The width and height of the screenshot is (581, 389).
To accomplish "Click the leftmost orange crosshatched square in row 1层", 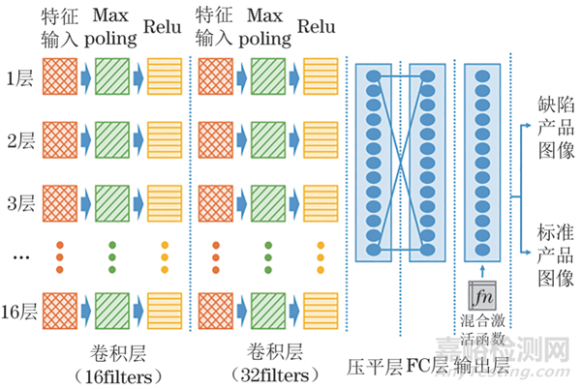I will [x=56, y=77].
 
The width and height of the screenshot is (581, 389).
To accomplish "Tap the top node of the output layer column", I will [x=481, y=75].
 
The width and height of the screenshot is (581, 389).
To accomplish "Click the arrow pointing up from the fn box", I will [x=481, y=270].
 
